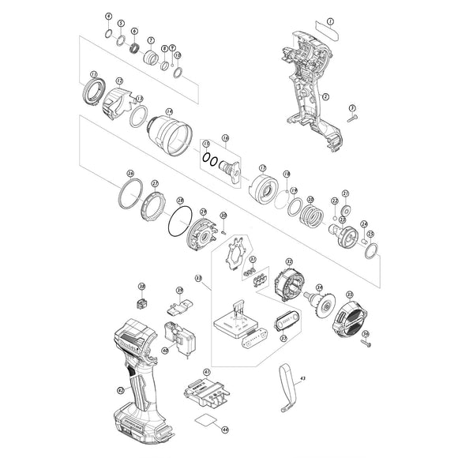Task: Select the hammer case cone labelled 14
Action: pyautogui.click(x=169, y=132)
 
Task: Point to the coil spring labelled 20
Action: pyautogui.click(x=313, y=215)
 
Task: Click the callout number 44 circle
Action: pyautogui.click(x=225, y=430)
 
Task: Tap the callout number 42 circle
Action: pyautogui.click(x=120, y=389)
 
